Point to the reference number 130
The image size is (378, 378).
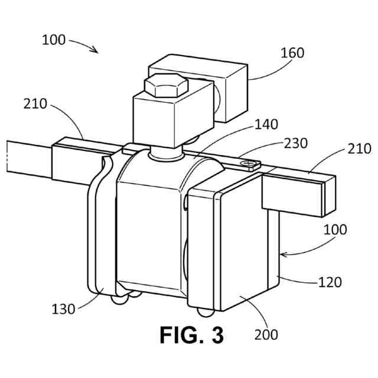[x=63, y=308]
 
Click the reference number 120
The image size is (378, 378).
[x=330, y=282]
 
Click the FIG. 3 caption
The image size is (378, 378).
[x=192, y=335]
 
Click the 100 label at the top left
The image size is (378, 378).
[x=54, y=40]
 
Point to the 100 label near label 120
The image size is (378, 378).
[x=335, y=229]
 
